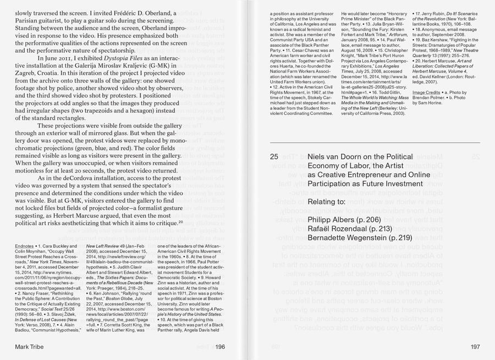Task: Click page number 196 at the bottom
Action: pyautogui.click(x=220, y=346)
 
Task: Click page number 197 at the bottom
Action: pyautogui.click(x=475, y=346)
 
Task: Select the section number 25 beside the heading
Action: pyautogui.click(x=274, y=157)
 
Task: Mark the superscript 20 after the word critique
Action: pyautogui.click(x=181, y=222)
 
